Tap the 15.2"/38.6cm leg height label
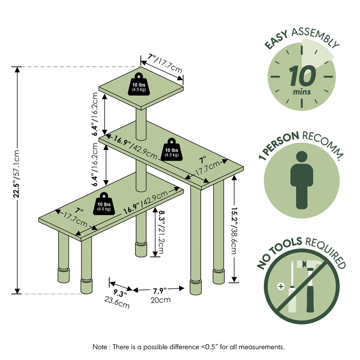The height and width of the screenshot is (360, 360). (234, 230)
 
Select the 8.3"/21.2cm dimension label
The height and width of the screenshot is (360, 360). (160, 231)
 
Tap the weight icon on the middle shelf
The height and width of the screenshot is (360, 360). (172, 149)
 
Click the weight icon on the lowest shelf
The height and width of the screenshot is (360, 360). (104, 204)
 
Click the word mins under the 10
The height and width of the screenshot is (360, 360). (301, 92)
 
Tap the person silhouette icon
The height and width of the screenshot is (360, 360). (301, 180)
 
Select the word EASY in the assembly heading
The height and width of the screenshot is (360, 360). (276, 40)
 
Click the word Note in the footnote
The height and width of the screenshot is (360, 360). (99, 347)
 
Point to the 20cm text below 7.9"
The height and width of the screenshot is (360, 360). (161, 300)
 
